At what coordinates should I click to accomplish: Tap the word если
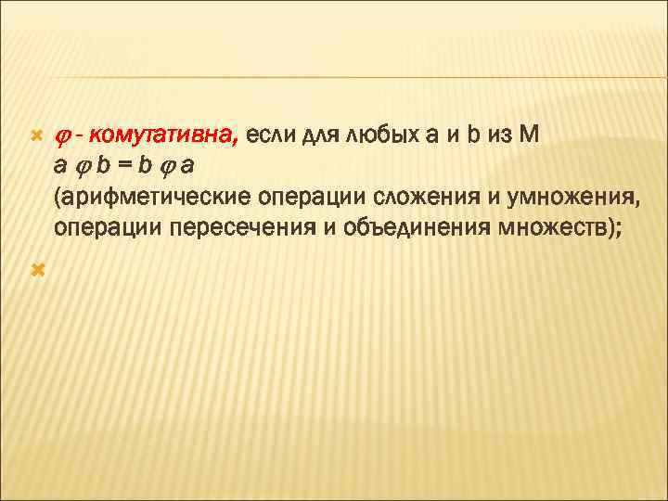pyautogui.click(x=270, y=138)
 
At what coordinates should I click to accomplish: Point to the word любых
pyautogui.click(x=379, y=138)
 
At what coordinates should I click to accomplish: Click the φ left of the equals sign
pyautogui.click(x=81, y=169)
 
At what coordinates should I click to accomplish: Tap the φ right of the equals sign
pyautogui.click(x=168, y=169)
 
